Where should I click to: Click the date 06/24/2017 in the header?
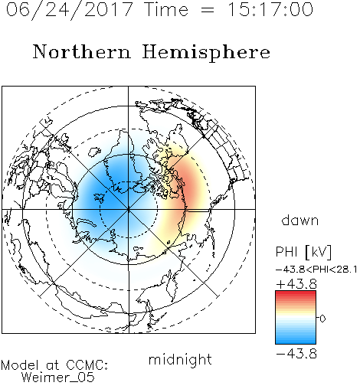point(69,10)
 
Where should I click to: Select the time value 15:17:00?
point(270,10)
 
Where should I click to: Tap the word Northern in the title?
point(82,52)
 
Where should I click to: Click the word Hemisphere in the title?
point(206,53)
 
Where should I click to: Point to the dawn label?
point(300,220)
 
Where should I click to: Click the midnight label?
point(180,360)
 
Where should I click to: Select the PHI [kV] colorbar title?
point(303,252)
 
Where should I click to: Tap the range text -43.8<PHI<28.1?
point(316,270)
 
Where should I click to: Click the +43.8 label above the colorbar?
point(296,284)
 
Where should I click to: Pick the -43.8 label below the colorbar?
point(296,354)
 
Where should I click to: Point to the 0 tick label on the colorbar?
point(322,319)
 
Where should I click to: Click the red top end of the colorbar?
point(296,293)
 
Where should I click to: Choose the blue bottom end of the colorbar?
point(296,342)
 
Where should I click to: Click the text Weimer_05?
point(58,378)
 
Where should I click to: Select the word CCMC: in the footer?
point(87,365)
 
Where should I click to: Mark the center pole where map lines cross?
point(128,209)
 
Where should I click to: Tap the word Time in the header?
point(166,10)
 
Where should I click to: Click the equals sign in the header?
point(208,11)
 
